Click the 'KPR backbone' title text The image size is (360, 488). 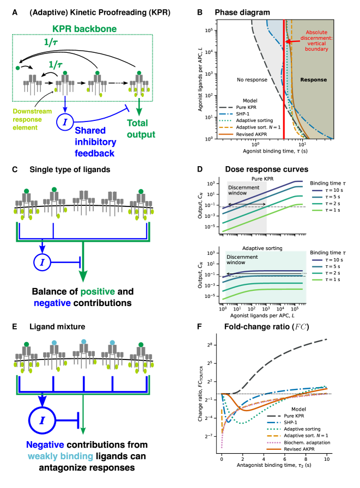tap(84, 29)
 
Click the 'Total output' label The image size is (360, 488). tap(141, 129)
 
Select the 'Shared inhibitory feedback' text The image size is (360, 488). tap(95, 142)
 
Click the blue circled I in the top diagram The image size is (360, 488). tap(64, 121)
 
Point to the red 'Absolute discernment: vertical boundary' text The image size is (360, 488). tap(316, 41)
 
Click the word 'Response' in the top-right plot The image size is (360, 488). tap(313, 80)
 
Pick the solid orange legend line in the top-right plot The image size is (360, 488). tap(226, 134)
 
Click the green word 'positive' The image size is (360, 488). tap(97, 292)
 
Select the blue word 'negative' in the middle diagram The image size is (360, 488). tap(52, 303)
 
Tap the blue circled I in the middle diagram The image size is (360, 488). tap(42, 263)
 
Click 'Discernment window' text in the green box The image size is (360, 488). tap(242, 259)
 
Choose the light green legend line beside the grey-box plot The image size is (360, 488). tap(317, 210)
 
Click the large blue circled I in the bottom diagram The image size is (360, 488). tap(42, 420)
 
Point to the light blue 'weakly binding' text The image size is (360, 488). tap(60, 456)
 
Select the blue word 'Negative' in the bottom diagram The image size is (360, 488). tap(45, 445)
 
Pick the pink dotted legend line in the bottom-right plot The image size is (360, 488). tap(273, 443)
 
